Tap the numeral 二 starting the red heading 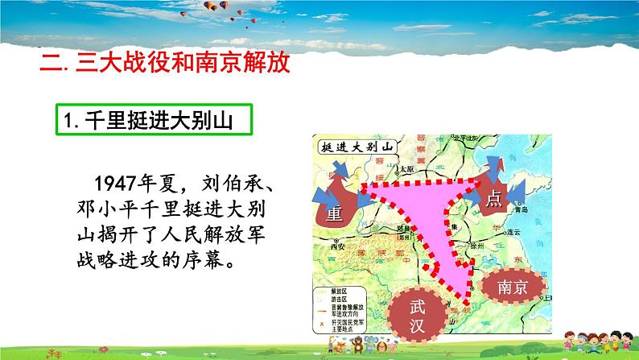tap(50, 62)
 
